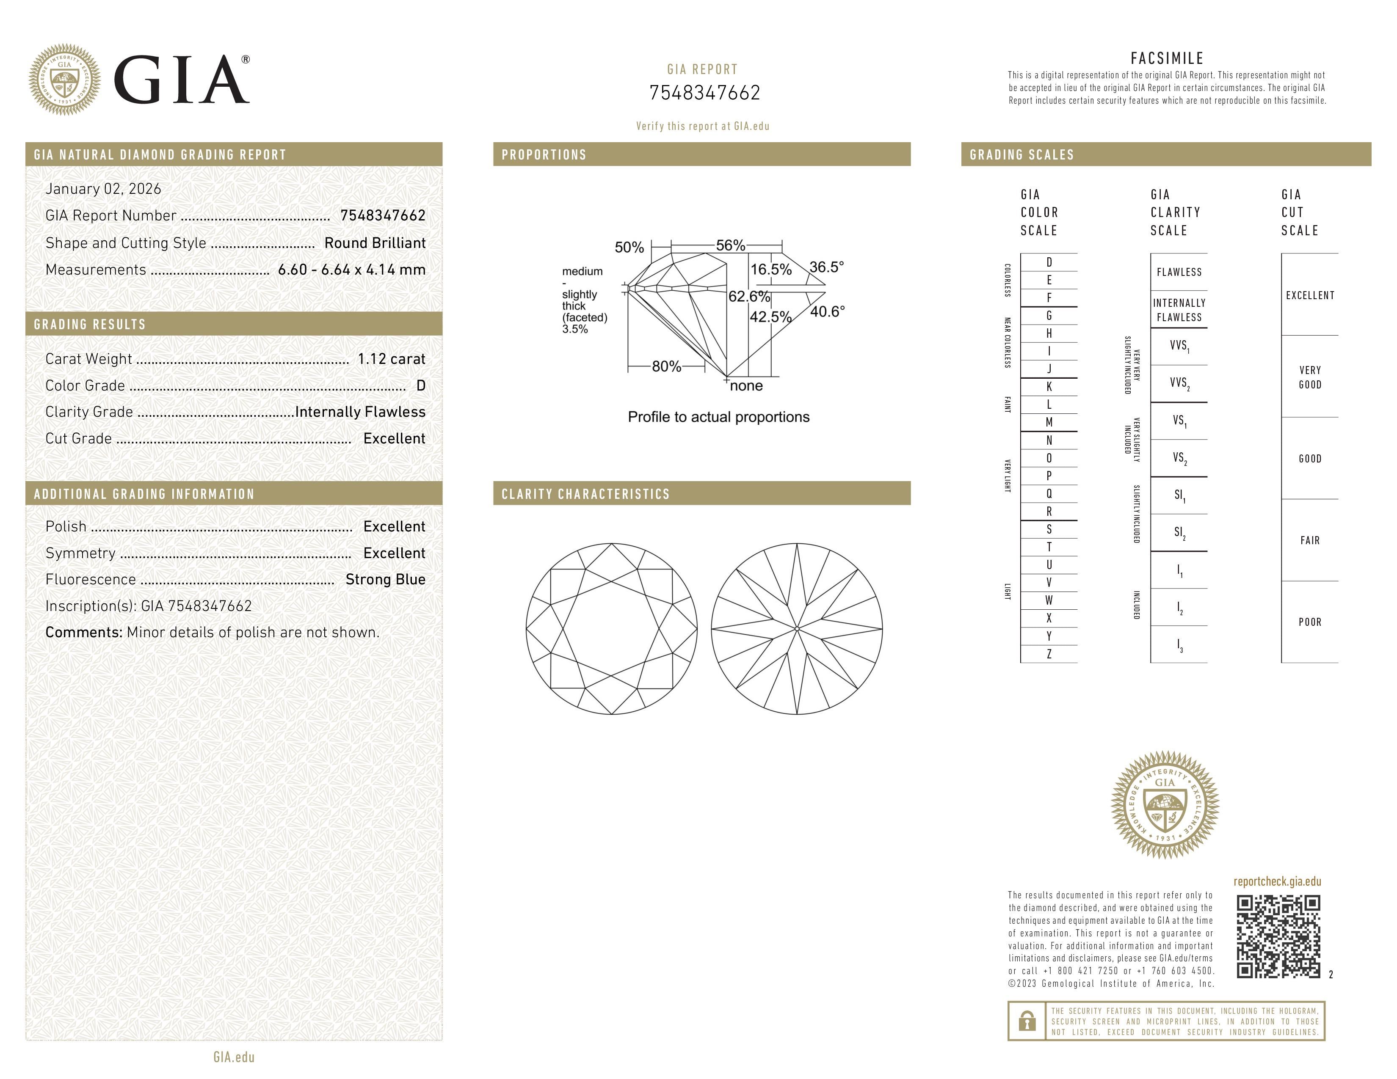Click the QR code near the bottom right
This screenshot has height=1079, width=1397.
pos(1278,936)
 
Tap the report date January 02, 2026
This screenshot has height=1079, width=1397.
pos(103,189)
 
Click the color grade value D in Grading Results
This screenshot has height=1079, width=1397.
pos(420,385)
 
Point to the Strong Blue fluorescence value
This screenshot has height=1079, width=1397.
pos(385,579)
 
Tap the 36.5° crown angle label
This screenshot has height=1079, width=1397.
pos(826,267)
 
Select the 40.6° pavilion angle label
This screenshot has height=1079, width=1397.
pos(827,311)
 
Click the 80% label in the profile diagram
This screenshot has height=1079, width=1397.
pos(666,366)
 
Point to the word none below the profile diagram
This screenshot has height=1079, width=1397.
pos(746,385)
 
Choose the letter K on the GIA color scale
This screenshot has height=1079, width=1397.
pos(1049,387)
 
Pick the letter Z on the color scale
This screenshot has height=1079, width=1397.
pos(1049,654)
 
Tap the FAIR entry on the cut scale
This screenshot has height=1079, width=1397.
pos(1309,540)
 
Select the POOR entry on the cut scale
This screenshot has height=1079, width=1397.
pos(1309,622)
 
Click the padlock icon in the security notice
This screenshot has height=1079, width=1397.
pos(1027,1021)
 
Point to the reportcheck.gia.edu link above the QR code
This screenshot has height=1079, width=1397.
pos(1277,881)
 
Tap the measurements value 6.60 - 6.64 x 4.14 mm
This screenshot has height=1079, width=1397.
pos(352,270)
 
